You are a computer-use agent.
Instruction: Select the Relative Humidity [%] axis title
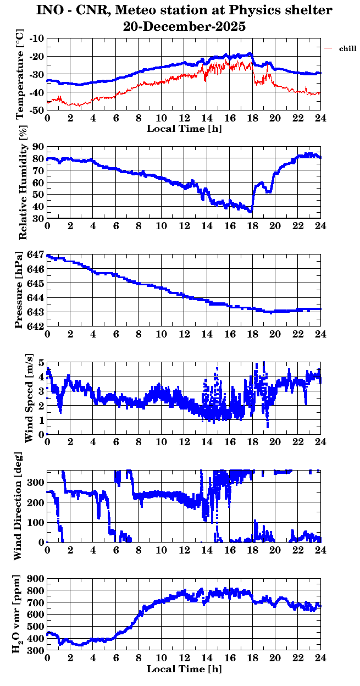pos(23,182)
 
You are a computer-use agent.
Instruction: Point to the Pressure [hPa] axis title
pos(21,290)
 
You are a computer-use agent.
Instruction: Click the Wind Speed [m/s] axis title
pos(29,398)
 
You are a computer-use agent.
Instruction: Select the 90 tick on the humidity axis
pos(38,147)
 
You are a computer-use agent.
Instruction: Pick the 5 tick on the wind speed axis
pos(41,363)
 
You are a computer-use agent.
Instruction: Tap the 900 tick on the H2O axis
pos(35,579)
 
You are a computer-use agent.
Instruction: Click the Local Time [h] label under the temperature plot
pos(184,129)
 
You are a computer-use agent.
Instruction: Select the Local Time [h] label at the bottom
pos(184,669)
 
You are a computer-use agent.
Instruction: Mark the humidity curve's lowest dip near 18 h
pos(251,211)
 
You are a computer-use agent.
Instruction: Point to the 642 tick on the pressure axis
pos(35,327)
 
